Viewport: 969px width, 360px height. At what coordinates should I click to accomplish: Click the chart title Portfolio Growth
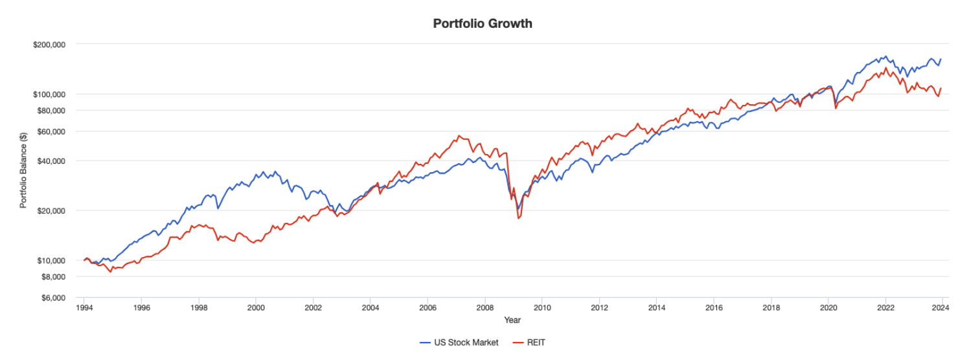click(483, 24)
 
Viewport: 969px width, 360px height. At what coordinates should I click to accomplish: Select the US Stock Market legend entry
click(460, 343)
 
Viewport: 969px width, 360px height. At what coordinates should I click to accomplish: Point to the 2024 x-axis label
click(941, 308)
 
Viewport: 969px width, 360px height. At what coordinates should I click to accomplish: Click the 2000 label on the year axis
click(256, 308)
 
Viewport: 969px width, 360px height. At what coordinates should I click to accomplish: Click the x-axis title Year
click(512, 320)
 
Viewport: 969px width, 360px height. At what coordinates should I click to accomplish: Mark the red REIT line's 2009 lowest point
click(518, 219)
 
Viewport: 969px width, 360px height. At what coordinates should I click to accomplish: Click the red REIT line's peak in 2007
click(459, 135)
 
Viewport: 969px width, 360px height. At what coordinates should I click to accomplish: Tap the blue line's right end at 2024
click(941, 59)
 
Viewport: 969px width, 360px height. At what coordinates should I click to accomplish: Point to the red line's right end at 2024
click(941, 88)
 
